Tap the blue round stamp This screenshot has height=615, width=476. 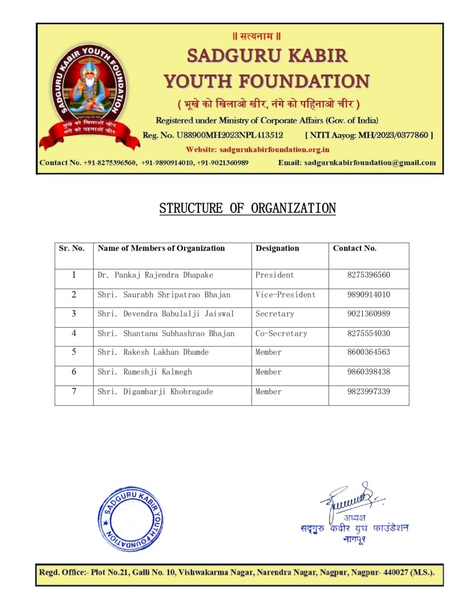coord(130,518)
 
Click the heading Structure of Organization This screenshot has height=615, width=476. coord(247,209)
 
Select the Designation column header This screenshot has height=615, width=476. coord(277,248)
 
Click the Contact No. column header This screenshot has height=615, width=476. coord(354,248)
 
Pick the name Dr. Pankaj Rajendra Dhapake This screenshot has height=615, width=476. coord(155,275)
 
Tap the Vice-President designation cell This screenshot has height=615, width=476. coord(285,295)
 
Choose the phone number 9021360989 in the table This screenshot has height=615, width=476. coord(368,314)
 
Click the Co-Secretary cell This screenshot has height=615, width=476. coord(281,333)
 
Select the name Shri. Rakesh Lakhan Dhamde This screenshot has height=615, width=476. coord(153,352)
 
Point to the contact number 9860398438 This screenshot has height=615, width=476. coord(368,372)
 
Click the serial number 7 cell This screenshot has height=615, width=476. coord(74,391)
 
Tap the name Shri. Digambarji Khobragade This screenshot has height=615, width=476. coord(155,391)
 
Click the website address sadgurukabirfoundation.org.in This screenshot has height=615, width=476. coord(257,149)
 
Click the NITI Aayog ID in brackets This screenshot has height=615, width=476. coord(369,135)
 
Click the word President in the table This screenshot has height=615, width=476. coord(274,275)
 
